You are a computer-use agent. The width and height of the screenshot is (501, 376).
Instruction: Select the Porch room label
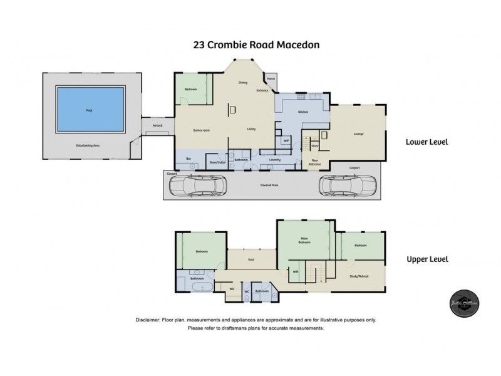[271, 80]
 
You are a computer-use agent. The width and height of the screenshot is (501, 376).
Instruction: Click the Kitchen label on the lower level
[302, 112]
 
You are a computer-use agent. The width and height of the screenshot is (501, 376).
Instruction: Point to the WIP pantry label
[286, 141]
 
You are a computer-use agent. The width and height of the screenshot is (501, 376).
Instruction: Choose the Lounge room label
[359, 133]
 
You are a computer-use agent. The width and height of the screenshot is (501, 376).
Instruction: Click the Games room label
[201, 129]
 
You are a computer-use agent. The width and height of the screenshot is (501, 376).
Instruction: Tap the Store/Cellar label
[217, 162]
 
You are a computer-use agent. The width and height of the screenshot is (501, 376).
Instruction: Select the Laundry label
[274, 160]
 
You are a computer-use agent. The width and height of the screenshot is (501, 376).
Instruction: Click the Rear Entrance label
[316, 162]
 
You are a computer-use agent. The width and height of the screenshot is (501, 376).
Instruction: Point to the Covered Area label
[270, 185]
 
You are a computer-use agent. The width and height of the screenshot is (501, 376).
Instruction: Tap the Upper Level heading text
[428, 259]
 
